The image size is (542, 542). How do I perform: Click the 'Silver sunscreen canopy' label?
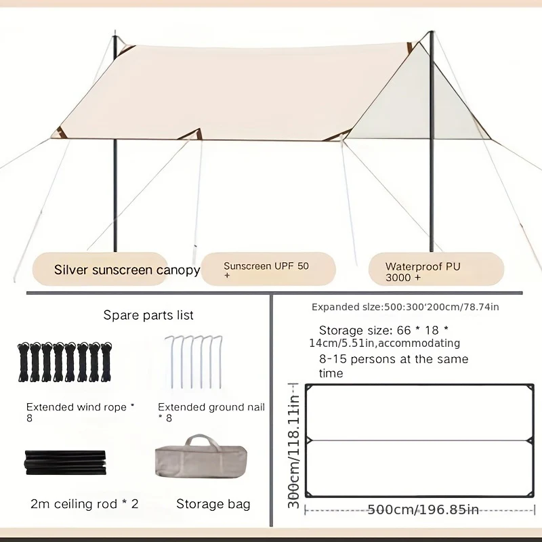click(127, 270)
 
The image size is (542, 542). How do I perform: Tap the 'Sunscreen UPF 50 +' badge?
click(268, 269)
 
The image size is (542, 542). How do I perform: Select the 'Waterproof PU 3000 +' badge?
click(436, 269)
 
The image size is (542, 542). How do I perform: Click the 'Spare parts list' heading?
click(148, 315)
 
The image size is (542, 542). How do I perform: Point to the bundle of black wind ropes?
click(65, 362)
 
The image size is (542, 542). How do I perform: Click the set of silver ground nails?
click(194, 362)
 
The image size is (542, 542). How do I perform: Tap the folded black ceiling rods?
click(65, 463)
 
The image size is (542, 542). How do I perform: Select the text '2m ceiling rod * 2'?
click(84, 504)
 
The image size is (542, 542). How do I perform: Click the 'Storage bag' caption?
click(213, 504)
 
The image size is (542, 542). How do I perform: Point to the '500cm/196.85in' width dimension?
click(423, 509)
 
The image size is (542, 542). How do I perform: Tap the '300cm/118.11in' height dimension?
click(293, 445)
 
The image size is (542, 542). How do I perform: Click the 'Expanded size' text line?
click(405, 307)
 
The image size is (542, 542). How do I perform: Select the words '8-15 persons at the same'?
click(394, 359)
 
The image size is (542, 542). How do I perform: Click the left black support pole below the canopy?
click(115, 195)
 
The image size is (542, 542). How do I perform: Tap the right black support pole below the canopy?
click(432, 195)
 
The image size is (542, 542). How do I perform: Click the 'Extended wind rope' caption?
click(77, 407)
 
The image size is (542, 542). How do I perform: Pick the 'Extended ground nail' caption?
click(211, 407)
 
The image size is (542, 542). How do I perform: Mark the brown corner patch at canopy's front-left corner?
click(59, 133)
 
